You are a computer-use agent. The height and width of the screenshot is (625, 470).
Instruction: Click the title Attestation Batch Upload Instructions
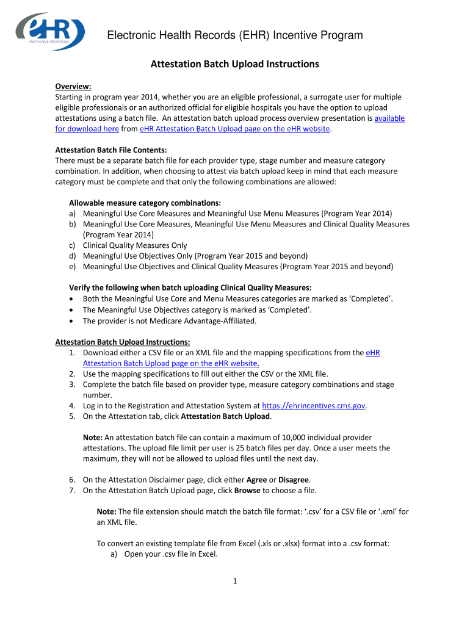pyautogui.click(x=235, y=64)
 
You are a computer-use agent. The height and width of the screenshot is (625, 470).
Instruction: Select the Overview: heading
pyautogui.click(x=73, y=87)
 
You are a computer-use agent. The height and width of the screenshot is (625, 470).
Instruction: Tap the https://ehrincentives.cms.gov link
pyautogui.click(x=314, y=406)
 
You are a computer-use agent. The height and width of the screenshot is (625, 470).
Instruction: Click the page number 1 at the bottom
pyautogui.click(x=234, y=581)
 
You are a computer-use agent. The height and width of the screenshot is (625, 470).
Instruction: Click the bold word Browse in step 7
pyautogui.click(x=247, y=490)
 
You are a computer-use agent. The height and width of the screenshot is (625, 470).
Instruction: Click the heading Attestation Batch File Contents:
pyautogui.click(x=111, y=150)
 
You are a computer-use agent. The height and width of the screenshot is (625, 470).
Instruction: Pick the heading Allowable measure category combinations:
pyautogui.click(x=145, y=203)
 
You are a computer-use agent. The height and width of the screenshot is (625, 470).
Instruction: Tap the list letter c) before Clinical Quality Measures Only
pyautogui.click(x=72, y=245)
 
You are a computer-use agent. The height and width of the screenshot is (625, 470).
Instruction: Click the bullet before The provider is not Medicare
pyautogui.click(x=73, y=320)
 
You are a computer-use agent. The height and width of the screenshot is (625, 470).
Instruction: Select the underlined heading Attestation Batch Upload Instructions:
pyautogui.click(x=123, y=342)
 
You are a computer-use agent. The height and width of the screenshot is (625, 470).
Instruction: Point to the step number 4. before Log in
pyautogui.click(x=72, y=406)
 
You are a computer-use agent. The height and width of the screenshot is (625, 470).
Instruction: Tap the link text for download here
pyautogui.click(x=87, y=129)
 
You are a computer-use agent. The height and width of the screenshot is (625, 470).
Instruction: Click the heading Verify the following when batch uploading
pyautogui.click(x=190, y=287)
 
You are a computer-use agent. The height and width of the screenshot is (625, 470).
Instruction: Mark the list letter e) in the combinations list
pyautogui.click(x=72, y=267)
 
